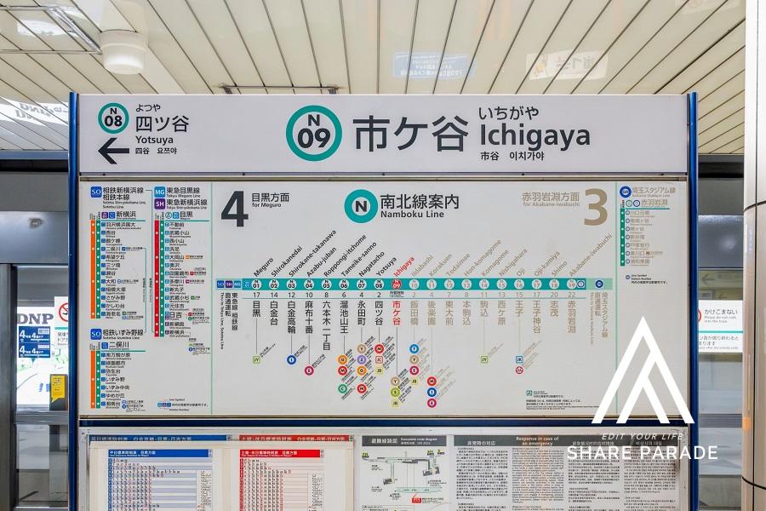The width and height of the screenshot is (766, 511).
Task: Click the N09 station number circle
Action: pos(313,133)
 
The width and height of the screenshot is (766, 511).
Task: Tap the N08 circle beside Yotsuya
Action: pos(113,118)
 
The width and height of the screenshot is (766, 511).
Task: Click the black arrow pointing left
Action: pos(113,150)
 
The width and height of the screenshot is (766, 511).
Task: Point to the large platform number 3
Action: pos(595,206)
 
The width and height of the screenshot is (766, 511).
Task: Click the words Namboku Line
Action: pos(412,214)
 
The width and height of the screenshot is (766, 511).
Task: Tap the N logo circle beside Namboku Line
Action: pos(360,206)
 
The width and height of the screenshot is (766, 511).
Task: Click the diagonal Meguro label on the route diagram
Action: pos(263,266)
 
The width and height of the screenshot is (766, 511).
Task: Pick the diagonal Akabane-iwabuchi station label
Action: pos(589,252)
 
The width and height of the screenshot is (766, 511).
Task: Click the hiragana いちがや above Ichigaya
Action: pos(507,112)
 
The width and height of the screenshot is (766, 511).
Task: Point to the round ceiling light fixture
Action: pos(123,51)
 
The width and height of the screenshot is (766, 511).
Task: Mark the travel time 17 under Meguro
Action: pos(256,295)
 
